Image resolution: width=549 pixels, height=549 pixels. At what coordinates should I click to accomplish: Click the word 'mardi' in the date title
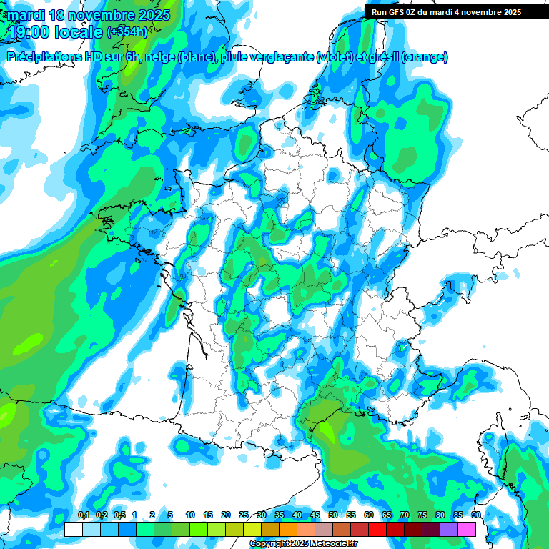point(26,15)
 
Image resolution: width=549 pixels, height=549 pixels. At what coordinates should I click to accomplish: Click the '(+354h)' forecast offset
point(127,31)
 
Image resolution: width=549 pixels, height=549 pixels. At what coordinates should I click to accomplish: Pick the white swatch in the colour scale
point(74,529)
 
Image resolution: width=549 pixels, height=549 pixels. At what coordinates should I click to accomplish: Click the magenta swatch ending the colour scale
point(467,529)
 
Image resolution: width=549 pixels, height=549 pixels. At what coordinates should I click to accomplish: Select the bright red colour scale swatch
point(377,529)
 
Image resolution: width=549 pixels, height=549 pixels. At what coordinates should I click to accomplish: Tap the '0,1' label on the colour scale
point(83,515)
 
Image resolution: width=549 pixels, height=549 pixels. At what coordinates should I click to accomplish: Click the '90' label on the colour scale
point(475,515)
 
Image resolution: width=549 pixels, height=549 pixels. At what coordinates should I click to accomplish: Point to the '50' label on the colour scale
point(333,515)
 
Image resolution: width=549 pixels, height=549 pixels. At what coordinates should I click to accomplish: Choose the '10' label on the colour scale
point(190,515)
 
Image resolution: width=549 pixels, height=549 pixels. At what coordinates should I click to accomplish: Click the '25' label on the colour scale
point(244,515)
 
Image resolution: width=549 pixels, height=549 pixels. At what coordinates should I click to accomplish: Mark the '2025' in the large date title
point(149,15)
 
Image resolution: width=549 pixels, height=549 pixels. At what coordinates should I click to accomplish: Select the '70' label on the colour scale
point(405,515)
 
